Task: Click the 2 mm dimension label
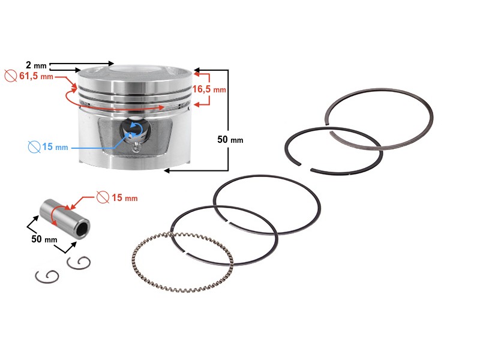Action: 36,65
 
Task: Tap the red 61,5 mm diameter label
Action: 36,76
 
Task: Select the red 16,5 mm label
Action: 209,89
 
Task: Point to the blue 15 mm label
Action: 55,147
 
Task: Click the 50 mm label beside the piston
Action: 230,140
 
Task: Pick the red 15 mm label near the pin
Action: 125,198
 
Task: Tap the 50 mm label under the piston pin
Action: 44,239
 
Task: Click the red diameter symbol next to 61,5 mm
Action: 11,76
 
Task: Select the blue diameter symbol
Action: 34,147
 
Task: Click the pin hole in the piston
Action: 135,131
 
